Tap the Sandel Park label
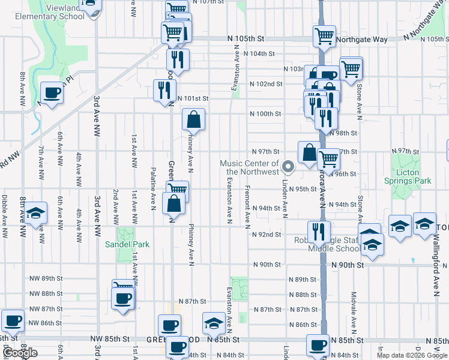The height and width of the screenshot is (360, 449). [127, 244]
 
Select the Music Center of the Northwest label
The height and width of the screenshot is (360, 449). [249, 167]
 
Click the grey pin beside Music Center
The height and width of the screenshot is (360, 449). [288, 167]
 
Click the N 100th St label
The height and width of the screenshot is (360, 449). [265, 114]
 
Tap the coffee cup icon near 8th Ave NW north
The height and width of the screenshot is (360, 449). [52, 94]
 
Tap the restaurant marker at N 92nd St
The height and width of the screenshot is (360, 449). [319, 232]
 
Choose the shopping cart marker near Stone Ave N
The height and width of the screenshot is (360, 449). [351, 68]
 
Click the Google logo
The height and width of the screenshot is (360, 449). [20, 353]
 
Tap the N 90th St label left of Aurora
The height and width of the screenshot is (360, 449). [267, 265]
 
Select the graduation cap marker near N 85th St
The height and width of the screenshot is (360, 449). [214, 323]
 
